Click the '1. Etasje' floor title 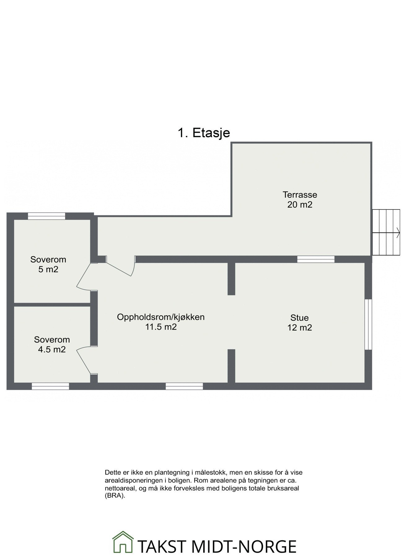click(204, 133)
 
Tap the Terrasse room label click(300, 195)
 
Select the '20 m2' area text click(300, 205)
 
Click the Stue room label click(299, 317)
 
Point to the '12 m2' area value click(299, 327)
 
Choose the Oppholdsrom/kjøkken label click(161, 317)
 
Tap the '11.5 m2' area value click(161, 327)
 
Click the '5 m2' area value click(48, 269)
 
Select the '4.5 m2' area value click(52, 349)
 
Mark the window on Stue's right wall click(368, 324)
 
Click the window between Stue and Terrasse click(316, 259)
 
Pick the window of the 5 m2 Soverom click(46, 216)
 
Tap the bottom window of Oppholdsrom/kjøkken click(184, 386)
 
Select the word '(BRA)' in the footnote click(115, 495)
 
